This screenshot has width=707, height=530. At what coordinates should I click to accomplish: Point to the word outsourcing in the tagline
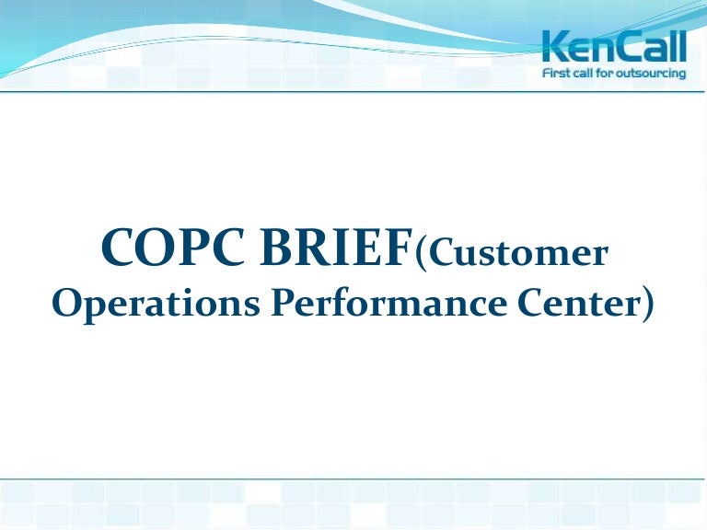[x=654, y=72]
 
